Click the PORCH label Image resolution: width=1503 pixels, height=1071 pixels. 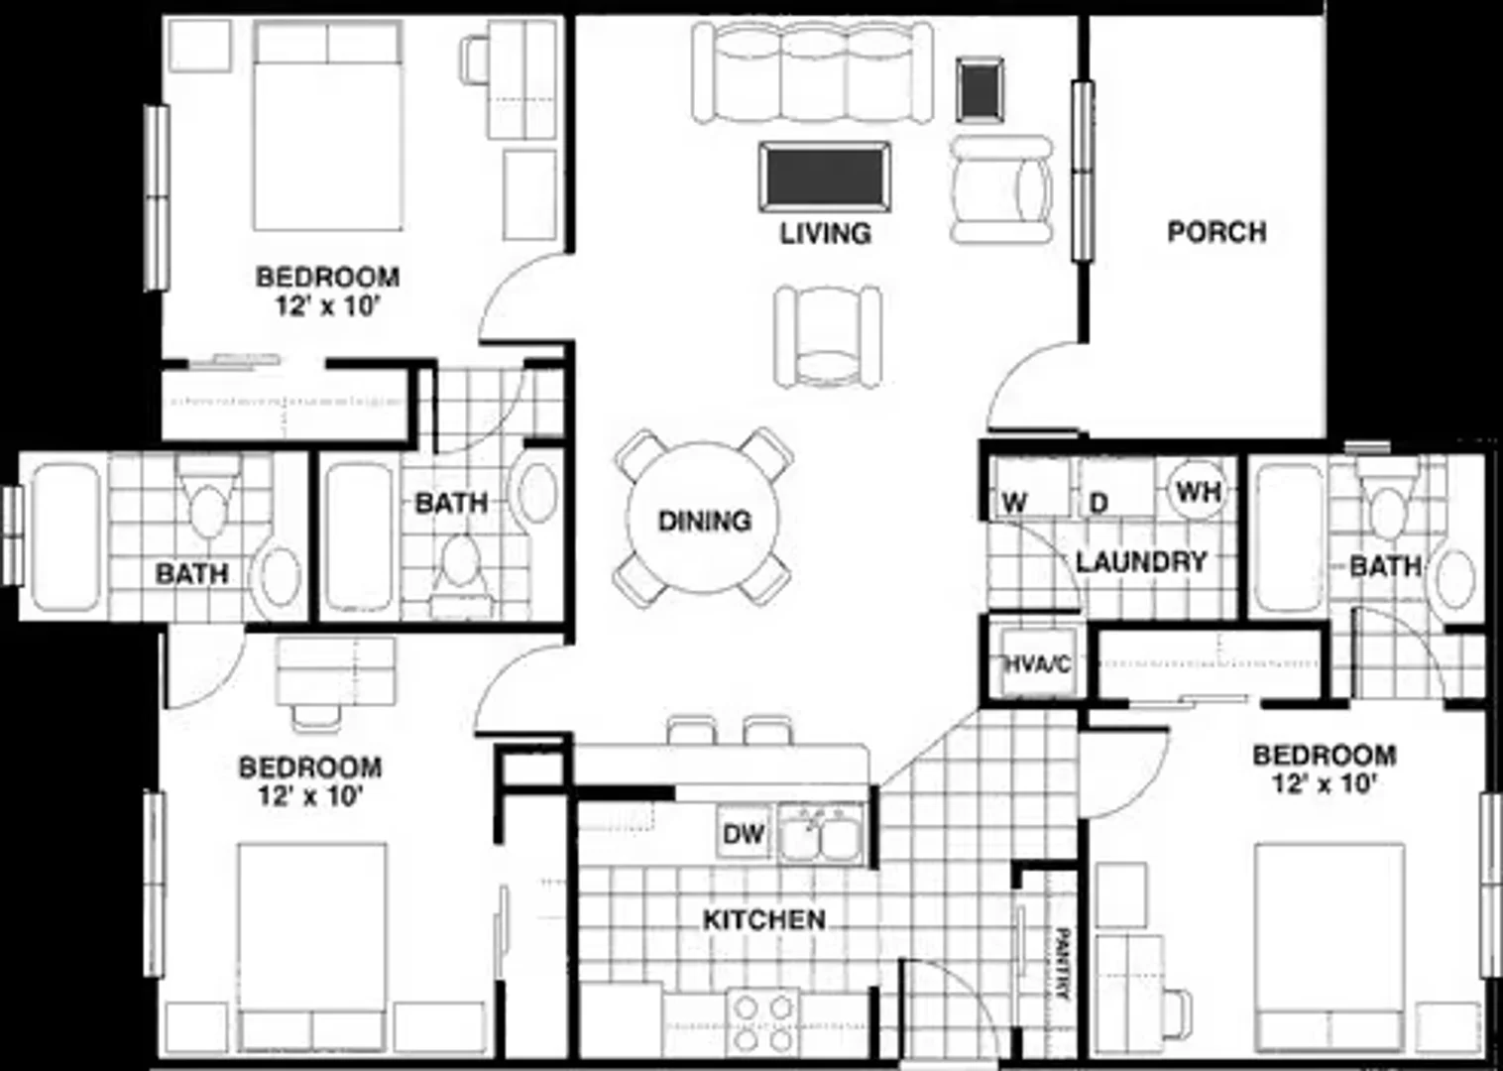click(1217, 232)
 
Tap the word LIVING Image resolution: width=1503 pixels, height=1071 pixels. click(825, 233)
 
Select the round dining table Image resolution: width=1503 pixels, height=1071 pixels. click(703, 518)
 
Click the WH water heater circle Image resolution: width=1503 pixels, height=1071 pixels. click(1199, 492)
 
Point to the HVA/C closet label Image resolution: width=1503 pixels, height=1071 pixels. click(1037, 665)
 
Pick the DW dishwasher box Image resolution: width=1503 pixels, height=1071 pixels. click(744, 833)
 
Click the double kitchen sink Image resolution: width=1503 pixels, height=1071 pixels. click(821, 833)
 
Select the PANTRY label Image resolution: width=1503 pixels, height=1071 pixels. click(1061, 964)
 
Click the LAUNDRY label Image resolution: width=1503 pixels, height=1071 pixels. click(1141, 562)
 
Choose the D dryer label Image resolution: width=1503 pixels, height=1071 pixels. click(1098, 503)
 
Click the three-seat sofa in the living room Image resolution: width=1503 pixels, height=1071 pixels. click(813, 72)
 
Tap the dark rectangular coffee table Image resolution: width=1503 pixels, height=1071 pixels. click(825, 177)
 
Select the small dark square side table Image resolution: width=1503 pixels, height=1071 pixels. click(981, 90)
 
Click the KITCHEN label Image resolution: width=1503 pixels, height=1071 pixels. click(764, 920)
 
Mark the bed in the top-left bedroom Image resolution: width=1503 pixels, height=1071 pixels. click(328, 126)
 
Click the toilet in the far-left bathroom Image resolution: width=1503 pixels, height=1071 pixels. click(208, 498)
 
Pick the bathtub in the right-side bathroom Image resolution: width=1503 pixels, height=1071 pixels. click(1288, 536)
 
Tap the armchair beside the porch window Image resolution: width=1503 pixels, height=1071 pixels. click(1001, 189)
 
